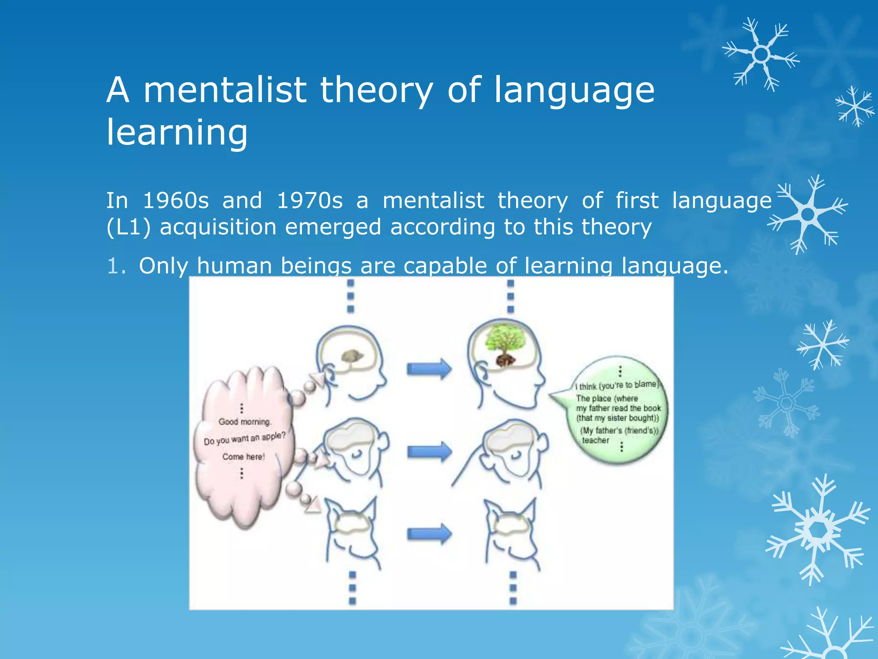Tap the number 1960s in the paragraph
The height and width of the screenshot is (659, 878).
pos(175,201)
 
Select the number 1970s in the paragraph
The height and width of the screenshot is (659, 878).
pos(310,201)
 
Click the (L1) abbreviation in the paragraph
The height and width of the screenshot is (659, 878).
pos(128,227)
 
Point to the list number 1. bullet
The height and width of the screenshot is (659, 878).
pos(116,266)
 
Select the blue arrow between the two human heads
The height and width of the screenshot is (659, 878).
pos(429,369)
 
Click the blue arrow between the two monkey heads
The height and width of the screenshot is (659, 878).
pos(429,451)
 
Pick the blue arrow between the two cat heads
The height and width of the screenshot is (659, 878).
pos(429,534)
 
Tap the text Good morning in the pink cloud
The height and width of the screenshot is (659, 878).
pos(245,422)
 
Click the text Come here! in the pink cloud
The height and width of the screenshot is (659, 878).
pos(244,457)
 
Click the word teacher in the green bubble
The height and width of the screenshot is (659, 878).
pos(595,440)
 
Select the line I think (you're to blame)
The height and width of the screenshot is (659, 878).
pos(618,385)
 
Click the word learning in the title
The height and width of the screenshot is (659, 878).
pos(177,132)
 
